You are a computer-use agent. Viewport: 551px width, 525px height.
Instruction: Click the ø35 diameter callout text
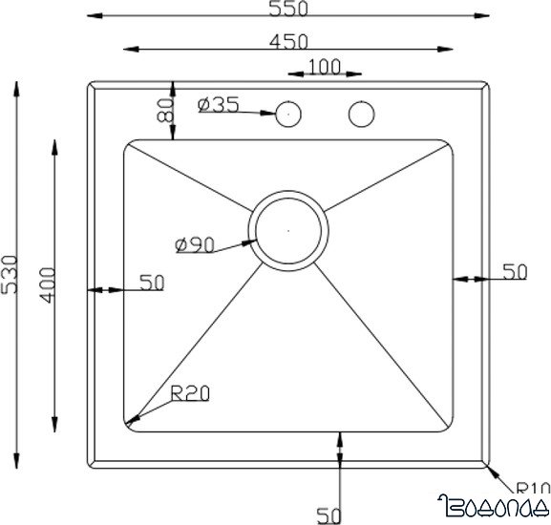point(219,105)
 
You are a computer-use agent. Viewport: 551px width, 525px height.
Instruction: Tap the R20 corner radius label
point(190,392)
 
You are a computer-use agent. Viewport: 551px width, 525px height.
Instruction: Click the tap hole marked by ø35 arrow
point(286,115)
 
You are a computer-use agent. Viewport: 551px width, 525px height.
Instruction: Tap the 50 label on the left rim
point(152,282)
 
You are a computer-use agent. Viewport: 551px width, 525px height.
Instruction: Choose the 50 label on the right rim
point(514,272)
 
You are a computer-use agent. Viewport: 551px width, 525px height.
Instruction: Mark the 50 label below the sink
point(329,515)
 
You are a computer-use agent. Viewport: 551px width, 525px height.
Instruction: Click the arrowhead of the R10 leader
point(489,466)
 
